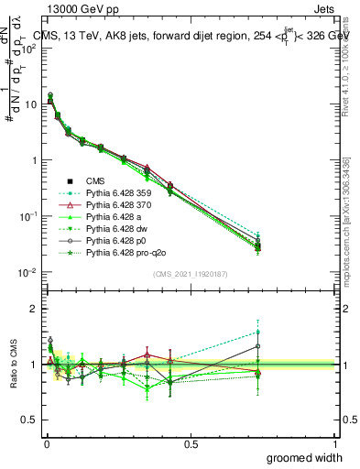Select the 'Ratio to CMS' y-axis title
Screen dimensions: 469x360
11,364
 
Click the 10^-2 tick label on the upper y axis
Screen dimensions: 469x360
26,272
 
